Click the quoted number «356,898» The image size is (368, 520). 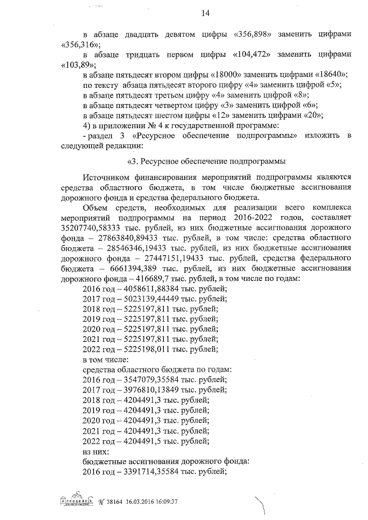[255, 34]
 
